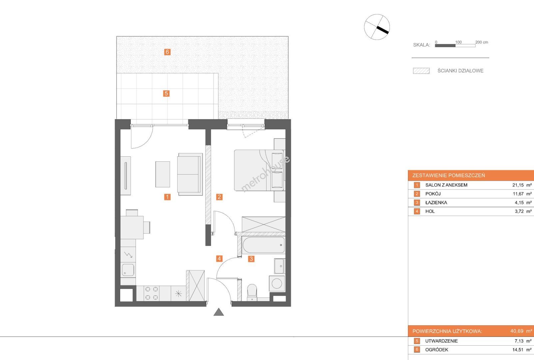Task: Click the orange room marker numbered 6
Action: (x=167, y=52)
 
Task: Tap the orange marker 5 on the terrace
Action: (x=166, y=93)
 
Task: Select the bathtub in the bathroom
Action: (x=264, y=245)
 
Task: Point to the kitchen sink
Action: (x=128, y=270)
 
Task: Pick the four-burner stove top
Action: (x=151, y=293)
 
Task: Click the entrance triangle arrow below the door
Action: (x=219, y=312)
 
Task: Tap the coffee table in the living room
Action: (x=163, y=174)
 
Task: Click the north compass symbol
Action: (x=377, y=27)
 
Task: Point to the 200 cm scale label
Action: (x=482, y=42)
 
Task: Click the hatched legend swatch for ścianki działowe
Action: (x=421, y=71)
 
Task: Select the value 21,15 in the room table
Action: (x=518, y=185)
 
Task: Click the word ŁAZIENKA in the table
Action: (x=436, y=203)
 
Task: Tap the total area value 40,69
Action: (x=517, y=331)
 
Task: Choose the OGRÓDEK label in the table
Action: (x=436, y=350)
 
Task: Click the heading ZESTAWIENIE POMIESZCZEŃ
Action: (x=448, y=175)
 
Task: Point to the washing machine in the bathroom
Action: (x=277, y=284)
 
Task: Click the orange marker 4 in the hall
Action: (x=219, y=258)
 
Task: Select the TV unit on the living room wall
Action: (x=125, y=176)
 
